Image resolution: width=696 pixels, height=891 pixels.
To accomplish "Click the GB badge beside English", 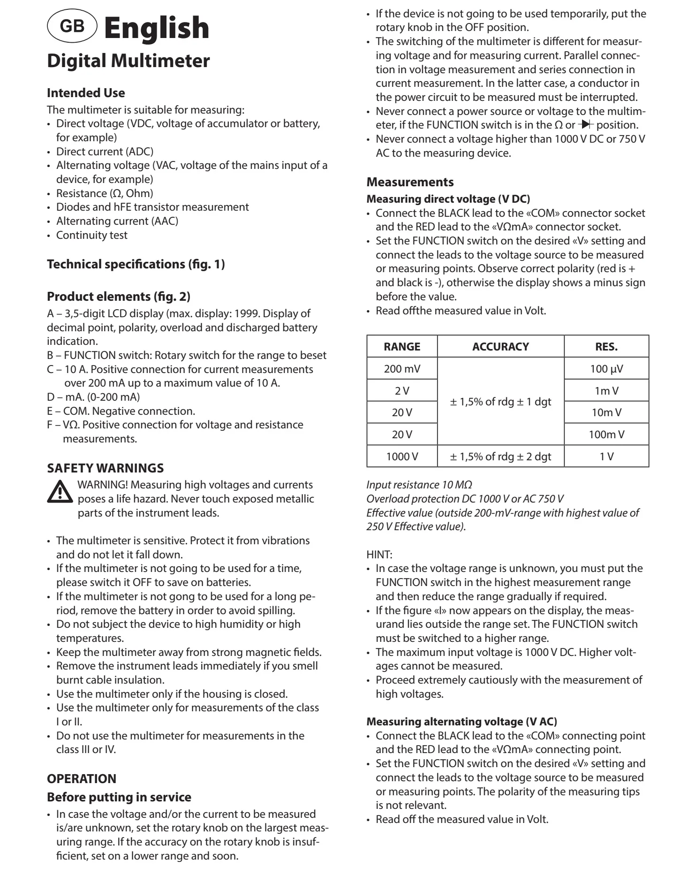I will [72, 26].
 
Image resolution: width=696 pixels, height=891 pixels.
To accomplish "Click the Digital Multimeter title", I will [128, 61].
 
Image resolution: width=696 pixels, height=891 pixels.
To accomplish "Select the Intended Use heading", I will [86, 93].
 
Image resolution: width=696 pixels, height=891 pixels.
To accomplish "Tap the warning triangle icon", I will [60, 492].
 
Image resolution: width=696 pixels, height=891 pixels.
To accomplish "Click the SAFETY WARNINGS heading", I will [105, 468].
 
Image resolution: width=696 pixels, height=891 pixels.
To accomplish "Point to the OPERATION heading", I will [82, 778].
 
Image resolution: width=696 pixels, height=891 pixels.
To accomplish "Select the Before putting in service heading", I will [119, 797].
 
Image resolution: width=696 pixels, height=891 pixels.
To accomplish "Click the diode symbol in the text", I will [586, 125].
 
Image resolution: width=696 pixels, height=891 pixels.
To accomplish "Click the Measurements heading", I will [410, 182].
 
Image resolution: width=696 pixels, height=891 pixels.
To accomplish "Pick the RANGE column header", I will [402, 347].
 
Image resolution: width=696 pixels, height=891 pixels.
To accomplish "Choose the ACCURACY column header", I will [500, 347].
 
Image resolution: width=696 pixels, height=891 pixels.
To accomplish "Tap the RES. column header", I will [606, 347].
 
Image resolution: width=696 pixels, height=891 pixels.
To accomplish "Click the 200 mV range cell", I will [402, 369].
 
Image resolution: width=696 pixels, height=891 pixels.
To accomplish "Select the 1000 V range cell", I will [402, 457].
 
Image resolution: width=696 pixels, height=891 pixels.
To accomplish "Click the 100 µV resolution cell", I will [606, 369].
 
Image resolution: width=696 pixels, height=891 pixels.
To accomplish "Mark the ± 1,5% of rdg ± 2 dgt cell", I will [500, 457].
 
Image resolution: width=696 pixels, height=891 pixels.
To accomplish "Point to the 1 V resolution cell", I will [606, 457].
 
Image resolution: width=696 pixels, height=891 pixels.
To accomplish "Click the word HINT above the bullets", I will [379, 555].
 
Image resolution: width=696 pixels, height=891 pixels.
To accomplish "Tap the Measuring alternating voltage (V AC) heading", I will [461, 722].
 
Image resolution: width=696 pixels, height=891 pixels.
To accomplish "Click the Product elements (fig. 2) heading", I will [118, 297].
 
